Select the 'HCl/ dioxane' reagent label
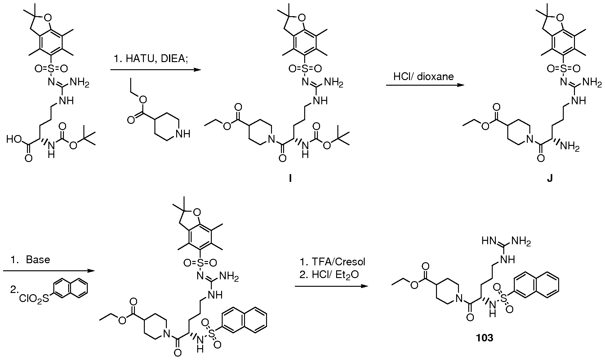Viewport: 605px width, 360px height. (423, 77)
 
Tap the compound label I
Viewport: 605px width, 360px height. (290, 179)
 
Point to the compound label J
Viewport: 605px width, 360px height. (549, 179)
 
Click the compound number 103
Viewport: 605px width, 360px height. (485, 338)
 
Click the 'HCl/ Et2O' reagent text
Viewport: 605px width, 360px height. (334, 275)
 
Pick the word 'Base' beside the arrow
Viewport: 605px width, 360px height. (38, 259)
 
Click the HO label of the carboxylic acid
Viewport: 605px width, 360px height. (14, 139)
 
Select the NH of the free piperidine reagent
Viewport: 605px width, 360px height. (183, 134)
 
